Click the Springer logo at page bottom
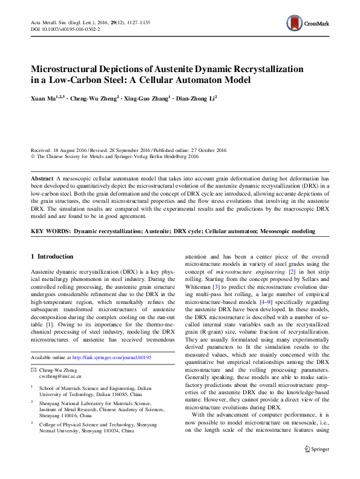coord(316,449)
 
